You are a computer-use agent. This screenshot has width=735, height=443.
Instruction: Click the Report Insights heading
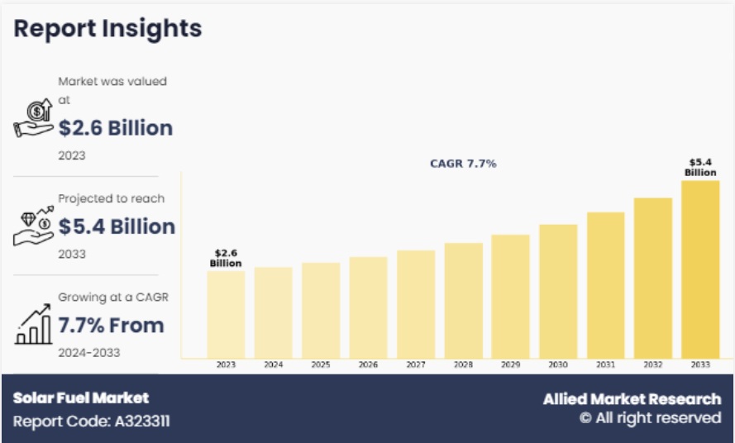[107, 29]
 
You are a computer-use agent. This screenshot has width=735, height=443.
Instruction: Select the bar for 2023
[226, 314]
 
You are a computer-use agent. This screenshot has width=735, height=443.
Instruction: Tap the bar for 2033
[700, 269]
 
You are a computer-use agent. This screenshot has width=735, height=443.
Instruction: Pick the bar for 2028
[463, 300]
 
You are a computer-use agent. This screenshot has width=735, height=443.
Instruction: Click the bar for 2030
[558, 291]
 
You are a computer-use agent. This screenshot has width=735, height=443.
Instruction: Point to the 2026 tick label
[368, 364]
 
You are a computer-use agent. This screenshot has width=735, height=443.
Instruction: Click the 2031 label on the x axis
[605, 364]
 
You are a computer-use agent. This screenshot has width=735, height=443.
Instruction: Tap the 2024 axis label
[273, 364]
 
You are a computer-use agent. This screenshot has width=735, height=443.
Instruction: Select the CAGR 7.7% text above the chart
[463, 164]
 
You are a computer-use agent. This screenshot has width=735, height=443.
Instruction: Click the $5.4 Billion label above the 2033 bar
[700, 167]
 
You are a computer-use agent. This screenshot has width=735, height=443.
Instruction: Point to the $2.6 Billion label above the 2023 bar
[226, 258]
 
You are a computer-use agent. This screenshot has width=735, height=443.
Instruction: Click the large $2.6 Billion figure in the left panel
[116, 128]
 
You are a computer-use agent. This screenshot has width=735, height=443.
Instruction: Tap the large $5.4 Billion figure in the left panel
[117, 226]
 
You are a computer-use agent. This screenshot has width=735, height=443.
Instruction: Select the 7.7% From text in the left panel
[111, 325]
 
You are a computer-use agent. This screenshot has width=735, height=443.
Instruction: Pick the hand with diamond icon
[34, 226]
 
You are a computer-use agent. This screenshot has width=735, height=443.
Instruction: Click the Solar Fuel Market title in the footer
[81, 398]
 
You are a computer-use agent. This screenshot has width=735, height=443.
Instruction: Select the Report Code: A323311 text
[91, 421]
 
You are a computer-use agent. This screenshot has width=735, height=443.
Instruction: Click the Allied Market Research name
[632, 399]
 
